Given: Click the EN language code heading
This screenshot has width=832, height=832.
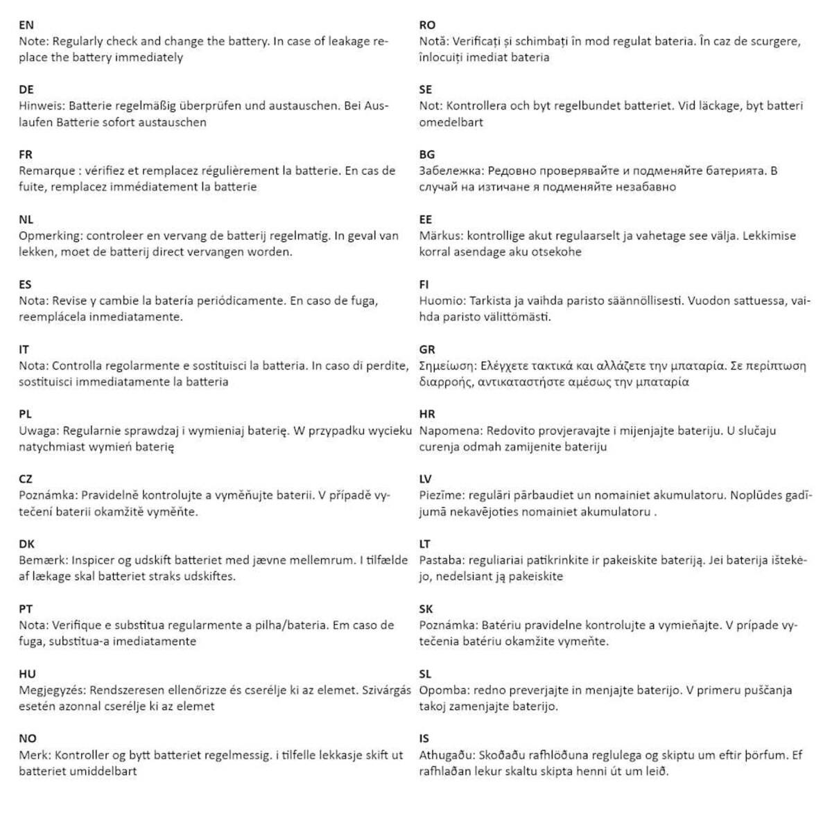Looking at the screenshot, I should (26, 25).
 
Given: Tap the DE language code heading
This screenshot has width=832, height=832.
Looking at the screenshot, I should (26, 89).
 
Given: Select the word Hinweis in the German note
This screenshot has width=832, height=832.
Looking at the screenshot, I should (42, 106).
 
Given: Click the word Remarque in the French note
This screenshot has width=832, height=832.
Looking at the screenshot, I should (47, 171).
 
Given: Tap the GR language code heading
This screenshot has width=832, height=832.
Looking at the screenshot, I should (427, 349).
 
